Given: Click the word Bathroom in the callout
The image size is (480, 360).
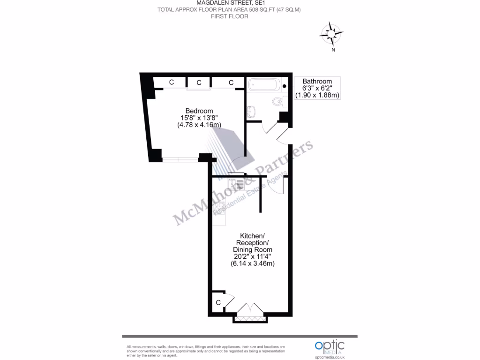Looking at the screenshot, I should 317,81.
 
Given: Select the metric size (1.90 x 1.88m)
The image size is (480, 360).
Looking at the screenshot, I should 317,95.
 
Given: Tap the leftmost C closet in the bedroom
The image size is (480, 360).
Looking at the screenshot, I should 172,82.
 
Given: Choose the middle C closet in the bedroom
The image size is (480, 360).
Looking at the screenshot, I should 199,82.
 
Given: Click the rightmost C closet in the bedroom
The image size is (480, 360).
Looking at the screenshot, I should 231,82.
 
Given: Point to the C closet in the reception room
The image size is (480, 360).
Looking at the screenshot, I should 218,303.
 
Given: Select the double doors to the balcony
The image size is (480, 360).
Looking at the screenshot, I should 251,309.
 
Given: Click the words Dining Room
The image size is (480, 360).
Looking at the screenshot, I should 253,249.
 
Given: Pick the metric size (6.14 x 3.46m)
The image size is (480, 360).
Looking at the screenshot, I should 253,263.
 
